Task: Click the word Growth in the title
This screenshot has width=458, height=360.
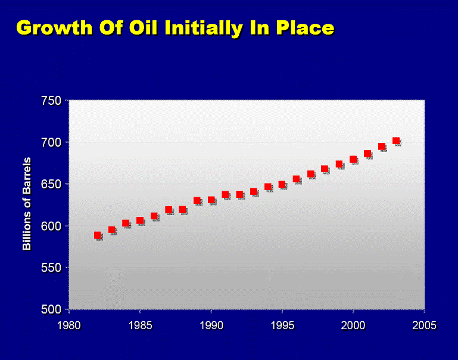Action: click(x=54, y=28)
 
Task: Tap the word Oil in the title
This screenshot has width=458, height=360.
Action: click(x=143, y=27)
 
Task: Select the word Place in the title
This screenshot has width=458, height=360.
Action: click(x=306, y=27)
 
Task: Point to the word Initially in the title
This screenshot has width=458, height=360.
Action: click(x=204, y=29)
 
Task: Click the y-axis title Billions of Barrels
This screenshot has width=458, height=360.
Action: click(x=27, y=204)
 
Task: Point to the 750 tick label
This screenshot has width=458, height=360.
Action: click(x=51, y=101)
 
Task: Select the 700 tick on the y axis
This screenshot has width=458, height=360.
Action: click(x=51, y=142)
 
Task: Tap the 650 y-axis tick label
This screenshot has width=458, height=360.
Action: click(x=51, y=184)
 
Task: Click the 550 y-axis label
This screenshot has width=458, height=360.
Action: click(x=51, y=268)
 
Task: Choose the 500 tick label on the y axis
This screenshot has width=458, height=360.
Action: click(x=51, y=309)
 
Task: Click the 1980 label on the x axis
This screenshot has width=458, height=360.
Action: click(x=69, y=325)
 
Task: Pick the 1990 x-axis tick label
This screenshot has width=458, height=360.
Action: click(x=211, y=325)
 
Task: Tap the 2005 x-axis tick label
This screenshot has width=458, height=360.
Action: click(x=424, y=325)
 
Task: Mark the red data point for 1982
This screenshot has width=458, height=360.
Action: click(x=98, y=235)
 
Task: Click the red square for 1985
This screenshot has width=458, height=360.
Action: click(x=140, y=221)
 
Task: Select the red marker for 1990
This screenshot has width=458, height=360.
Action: click(x=211, y=200)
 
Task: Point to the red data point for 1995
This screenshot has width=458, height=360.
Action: click(x=282, y=184)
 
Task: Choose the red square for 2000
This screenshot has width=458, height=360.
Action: click(x=353, y=159)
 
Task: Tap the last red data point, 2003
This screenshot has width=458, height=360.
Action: click(x=396, y=141)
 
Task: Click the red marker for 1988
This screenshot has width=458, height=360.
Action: click(x=183, y=209)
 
